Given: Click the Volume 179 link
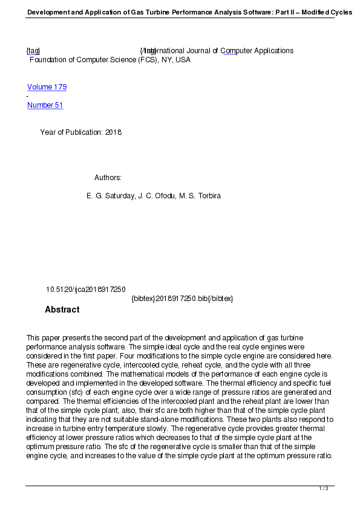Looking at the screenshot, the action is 47,87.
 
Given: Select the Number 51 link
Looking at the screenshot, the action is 45,105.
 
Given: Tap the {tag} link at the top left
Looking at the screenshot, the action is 33,51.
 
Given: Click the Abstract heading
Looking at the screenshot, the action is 62,310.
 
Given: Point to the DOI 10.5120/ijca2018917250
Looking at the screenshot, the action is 85,290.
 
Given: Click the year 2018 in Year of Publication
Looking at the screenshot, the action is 113,132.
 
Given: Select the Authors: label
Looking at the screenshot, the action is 108,178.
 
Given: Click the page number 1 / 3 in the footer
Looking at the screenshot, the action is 324,488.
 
